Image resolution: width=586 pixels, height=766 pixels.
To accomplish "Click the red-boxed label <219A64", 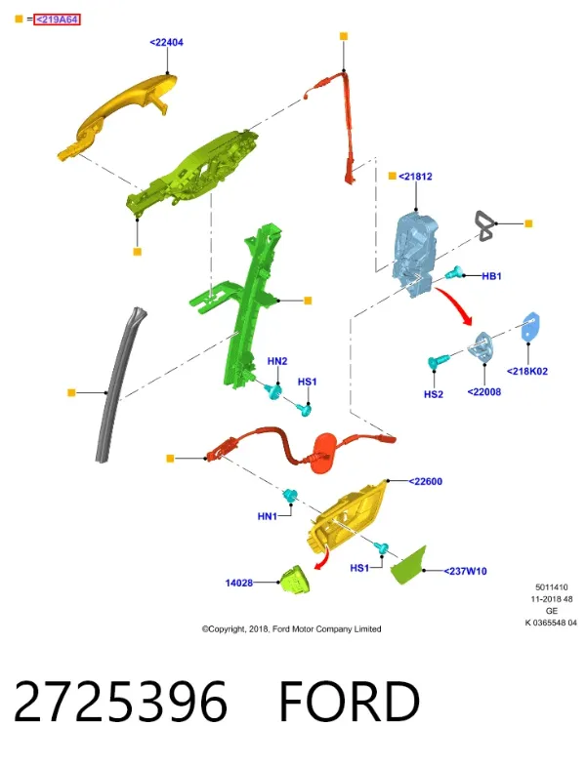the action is point(57,20).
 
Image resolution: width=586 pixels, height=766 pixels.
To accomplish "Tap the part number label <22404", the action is point(166,43).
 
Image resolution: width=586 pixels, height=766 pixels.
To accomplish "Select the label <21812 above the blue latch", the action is point(415,177).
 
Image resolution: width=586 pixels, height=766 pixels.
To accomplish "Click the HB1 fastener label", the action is point(491,276).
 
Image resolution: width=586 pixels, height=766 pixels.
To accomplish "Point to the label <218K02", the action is point(527,371).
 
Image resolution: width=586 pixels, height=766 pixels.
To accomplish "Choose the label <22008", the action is point(484,392).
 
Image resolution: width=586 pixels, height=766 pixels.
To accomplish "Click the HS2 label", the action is point(434,394).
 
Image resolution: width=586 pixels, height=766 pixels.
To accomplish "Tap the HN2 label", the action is point(277,361).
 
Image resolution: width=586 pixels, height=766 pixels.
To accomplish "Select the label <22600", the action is point(425,482).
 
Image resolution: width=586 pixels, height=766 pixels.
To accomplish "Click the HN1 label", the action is point(267,516).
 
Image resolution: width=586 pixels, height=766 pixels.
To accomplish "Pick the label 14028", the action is point(238,583).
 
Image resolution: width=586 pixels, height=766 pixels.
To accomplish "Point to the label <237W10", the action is point(465,571).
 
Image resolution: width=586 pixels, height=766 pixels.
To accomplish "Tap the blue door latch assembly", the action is point(414,253).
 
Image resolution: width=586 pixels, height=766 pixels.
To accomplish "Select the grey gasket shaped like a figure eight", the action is point(484,226).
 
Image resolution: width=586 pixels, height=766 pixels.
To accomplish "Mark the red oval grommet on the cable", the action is point(323,452).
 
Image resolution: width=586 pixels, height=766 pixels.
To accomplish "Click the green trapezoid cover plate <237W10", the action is point(409,566).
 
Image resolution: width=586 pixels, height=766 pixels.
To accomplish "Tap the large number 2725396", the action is point(120,702).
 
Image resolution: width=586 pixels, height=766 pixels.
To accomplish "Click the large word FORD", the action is point(350,702).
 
